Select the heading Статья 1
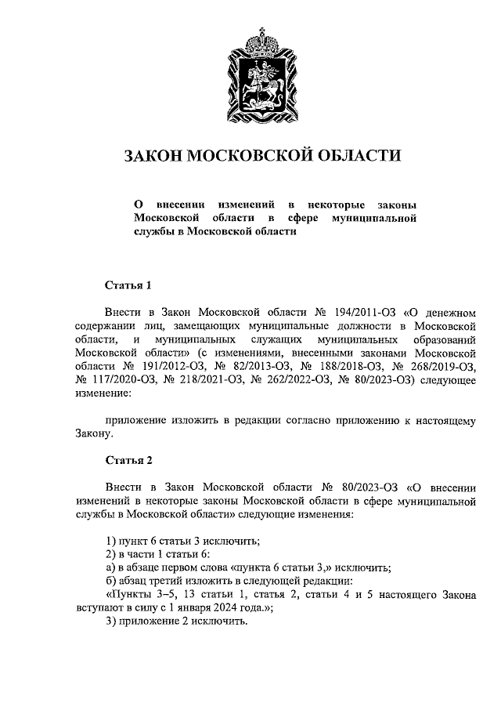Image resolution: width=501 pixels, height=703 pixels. coord(127,284)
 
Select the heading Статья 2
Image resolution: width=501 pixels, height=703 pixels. coord(127,458)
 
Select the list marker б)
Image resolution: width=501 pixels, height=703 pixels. coord(111,582)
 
